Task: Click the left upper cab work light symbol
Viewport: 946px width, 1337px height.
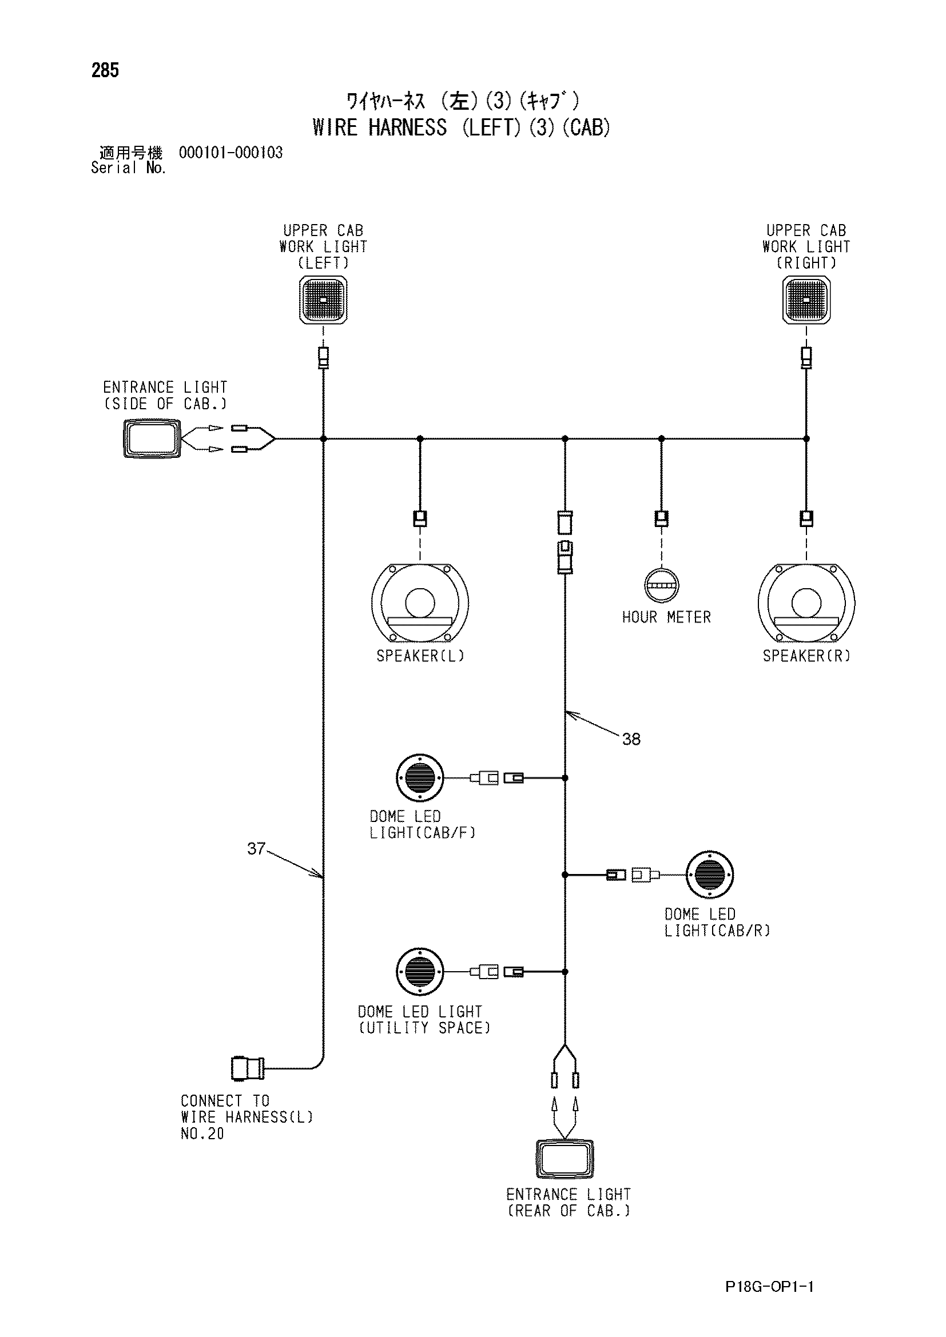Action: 323,300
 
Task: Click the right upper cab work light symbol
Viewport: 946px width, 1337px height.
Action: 806,300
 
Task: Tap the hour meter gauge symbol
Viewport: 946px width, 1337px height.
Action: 661,585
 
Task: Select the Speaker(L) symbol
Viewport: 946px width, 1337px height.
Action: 420,602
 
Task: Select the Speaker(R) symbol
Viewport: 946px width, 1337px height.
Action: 807,602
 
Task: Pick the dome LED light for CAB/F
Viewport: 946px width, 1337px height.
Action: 419,778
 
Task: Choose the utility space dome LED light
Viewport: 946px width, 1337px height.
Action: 419,971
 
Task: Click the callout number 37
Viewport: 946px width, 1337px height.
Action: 256,848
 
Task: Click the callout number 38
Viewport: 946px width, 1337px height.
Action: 631,739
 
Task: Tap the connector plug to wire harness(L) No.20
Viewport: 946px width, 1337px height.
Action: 248,1068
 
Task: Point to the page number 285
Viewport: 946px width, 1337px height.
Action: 105,70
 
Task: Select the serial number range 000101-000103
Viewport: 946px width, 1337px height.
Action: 230,153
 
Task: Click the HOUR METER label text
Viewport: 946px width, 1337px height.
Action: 666,617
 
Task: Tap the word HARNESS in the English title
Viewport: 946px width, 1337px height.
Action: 408,127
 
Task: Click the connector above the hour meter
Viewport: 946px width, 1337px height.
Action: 661,518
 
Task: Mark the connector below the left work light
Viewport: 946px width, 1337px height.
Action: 323,357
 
